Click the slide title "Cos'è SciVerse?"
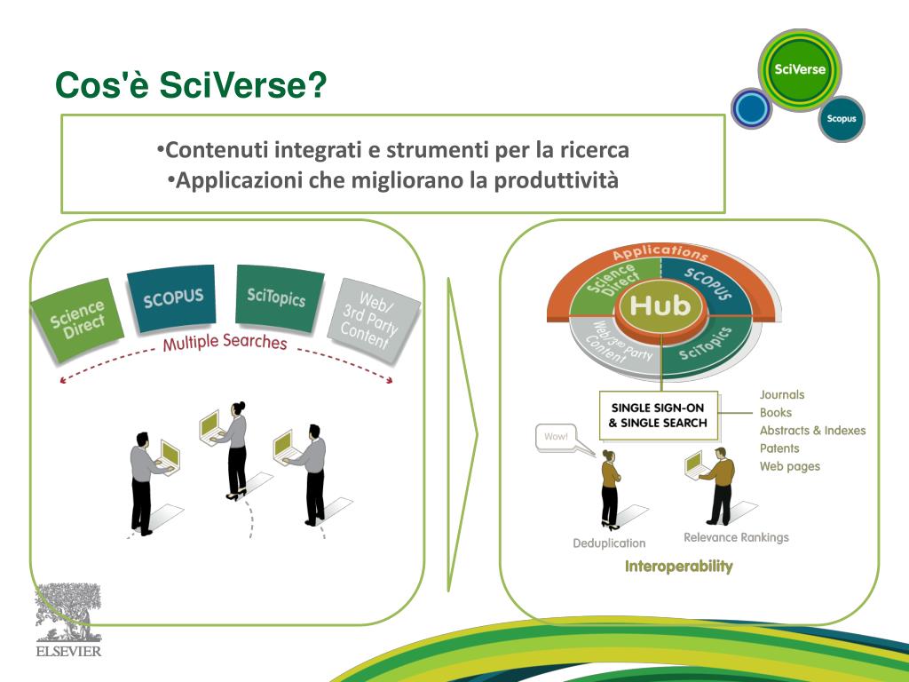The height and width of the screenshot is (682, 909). pyautogui.click(x=190, y=87)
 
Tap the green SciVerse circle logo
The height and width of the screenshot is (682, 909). pyautogui.click(x=799, y=70)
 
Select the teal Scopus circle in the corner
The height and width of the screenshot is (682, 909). pyautogui.click(x=841, y=118)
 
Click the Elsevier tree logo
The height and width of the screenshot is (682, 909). pyautogui.click(x=67, y=613)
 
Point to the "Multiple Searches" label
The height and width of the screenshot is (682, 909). pyautogui.click(x=225, y=342)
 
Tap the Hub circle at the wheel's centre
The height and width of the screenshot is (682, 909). pyautogui.click(x=660, y=306)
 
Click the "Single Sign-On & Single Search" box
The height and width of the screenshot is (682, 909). pyautogui.click(x=658, y=415)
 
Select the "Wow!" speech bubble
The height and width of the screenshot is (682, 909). pyautogui.click(x=556, y=437)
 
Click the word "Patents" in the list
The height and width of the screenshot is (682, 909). pyautogui.click(x=779, y=448)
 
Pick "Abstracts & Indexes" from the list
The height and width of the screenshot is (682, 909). pyautogui.click(x=812, y=431)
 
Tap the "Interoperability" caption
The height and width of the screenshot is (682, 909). pyautogui.click(x=678, y=567)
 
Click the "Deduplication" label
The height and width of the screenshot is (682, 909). pyautogui.click(x=609, y=543)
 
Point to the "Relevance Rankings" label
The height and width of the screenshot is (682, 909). pyautogui.click(x=736, y=537)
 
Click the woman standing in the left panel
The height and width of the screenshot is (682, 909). pyautogui.click(x=235, y=448)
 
